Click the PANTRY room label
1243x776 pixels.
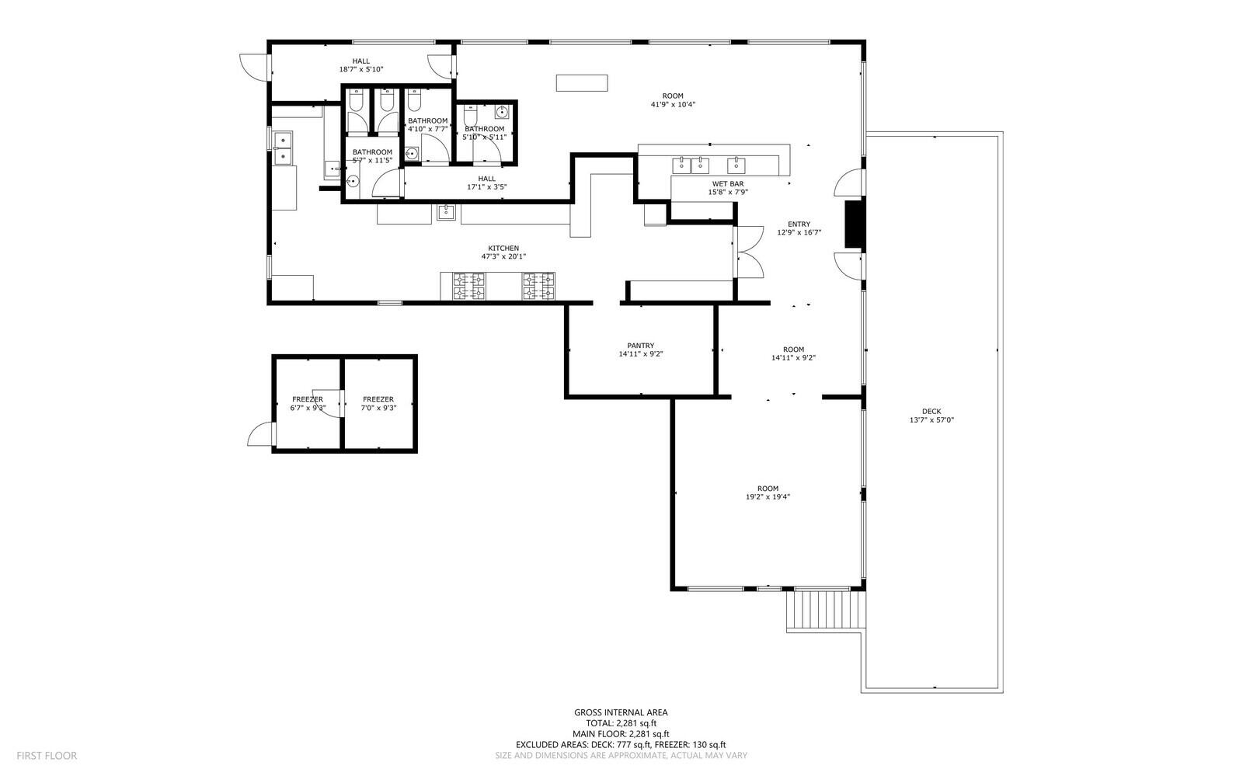pos(640,346)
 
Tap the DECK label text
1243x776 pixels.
pos(931,412)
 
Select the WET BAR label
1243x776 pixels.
pos(727,184)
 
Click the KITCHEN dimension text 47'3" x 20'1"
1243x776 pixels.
pos(503,256)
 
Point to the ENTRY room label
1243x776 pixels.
pos(799,224)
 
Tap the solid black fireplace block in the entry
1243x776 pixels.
pos(855,224)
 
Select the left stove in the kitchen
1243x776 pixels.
pos(469,286)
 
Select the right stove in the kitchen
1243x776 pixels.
pos(538,286)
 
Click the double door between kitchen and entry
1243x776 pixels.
pos(748,252)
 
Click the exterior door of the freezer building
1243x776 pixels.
pos(260,434)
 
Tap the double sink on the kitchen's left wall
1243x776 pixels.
pos(282,148)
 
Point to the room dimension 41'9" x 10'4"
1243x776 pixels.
pos(673,104)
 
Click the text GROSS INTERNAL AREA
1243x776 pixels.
pos(621,712)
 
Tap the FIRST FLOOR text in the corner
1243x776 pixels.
pos(47,755)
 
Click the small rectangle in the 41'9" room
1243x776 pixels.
pos(582,83)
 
